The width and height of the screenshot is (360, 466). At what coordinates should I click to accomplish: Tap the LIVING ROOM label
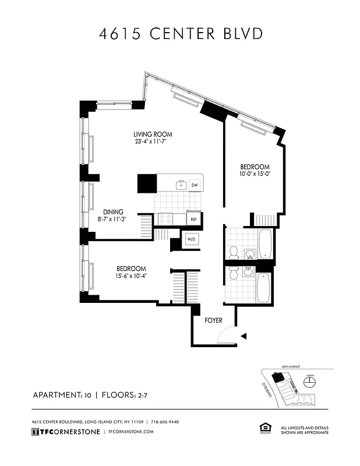(x=153, y=135)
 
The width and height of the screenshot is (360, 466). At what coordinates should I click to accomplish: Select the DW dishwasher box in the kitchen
(x=194, y=185)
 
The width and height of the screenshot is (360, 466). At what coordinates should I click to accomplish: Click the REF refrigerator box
(x=194, y=219)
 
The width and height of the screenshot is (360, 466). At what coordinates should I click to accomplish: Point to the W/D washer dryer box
(x=191, y=239)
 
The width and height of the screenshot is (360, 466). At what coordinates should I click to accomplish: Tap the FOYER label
(x=213, y=320)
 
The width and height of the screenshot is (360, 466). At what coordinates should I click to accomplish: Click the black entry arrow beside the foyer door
(x=243, y=336)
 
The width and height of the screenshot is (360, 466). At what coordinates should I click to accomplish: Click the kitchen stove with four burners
(x=165, y=219)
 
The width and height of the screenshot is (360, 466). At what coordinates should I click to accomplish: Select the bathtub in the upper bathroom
(x=265, y=244)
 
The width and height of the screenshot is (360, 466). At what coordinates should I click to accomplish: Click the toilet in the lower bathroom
(x=234, y=274)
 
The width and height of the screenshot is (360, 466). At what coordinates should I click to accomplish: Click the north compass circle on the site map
(x=310, y=382)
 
